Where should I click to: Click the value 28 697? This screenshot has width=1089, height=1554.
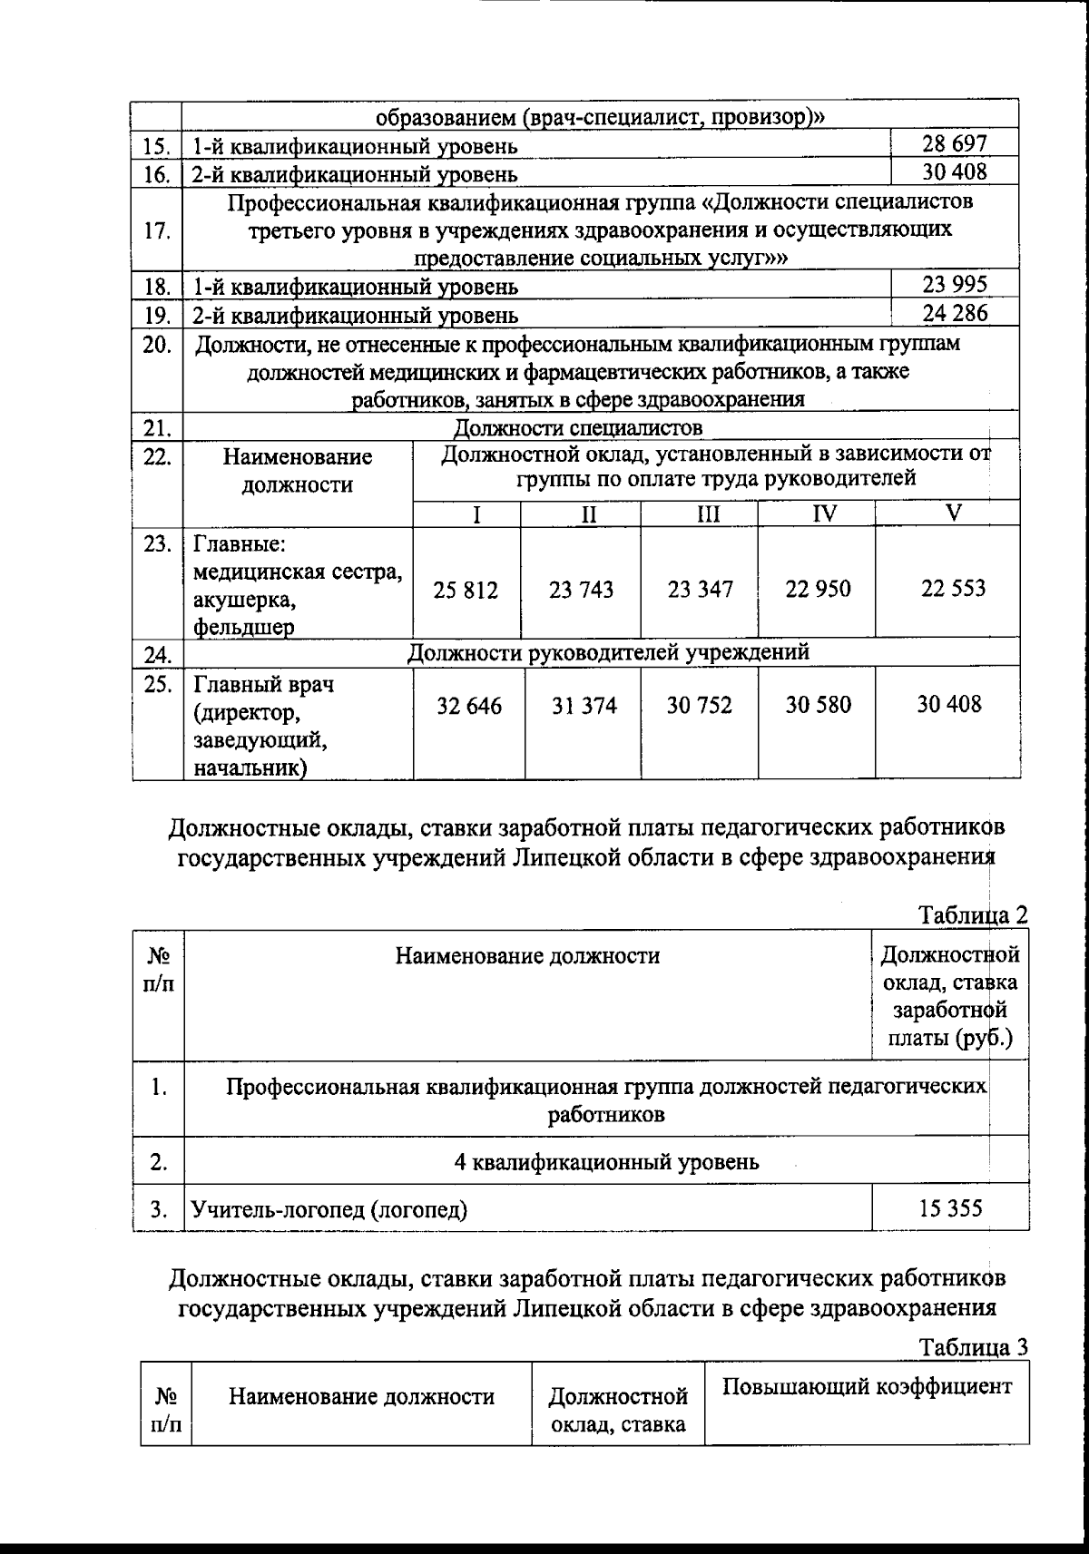[x=955, y=143]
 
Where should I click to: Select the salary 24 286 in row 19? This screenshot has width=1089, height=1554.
[x=955, y=314]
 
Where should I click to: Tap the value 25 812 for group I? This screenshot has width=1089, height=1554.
[x=466, y=591]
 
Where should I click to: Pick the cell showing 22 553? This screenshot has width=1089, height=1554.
[x=953, y=589]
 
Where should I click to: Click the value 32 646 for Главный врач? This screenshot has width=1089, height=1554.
[x=468, y=706]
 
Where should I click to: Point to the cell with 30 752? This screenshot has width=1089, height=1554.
[x=700, y=706]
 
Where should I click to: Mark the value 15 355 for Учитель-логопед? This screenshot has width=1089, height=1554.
[x=951, y=1208]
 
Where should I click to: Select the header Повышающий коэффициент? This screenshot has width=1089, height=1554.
[x=867, y=1387]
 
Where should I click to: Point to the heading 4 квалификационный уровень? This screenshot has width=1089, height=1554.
[x=606, y=1161]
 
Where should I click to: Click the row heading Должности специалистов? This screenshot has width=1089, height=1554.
[x=577, y=427]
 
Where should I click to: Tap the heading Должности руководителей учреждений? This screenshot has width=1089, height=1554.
[x=608, y=652]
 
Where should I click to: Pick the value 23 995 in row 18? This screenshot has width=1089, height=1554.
[x=955, y=285]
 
